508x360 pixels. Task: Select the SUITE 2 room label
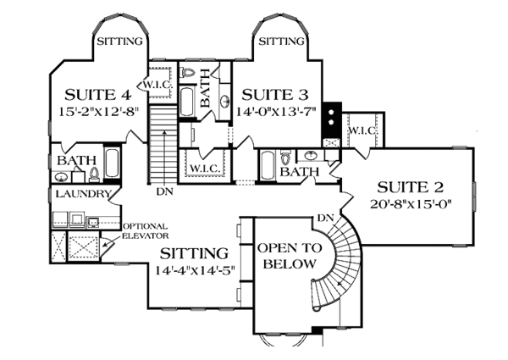coord(410,186)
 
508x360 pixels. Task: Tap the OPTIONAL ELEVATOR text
coord(146,231)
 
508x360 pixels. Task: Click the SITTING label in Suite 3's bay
coord(281,41)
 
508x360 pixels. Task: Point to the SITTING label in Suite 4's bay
coord(119,41)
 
